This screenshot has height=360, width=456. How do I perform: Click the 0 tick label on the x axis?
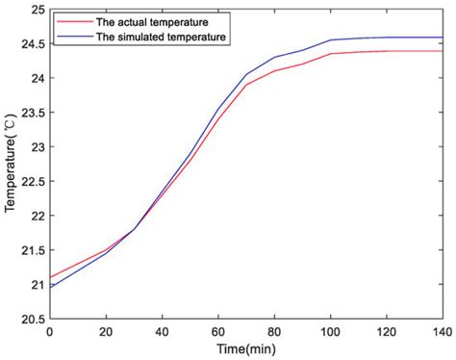(x=49, y=331)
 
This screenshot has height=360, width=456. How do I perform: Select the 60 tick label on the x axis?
(x=219, y=331)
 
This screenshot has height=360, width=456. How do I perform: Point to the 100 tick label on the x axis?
(x=333, y=331)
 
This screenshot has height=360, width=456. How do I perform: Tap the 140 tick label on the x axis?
(x=444, y=331)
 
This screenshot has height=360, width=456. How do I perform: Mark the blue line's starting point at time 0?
(x=49, y=288)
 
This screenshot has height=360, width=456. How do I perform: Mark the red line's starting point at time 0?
(x=49, y=277)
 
